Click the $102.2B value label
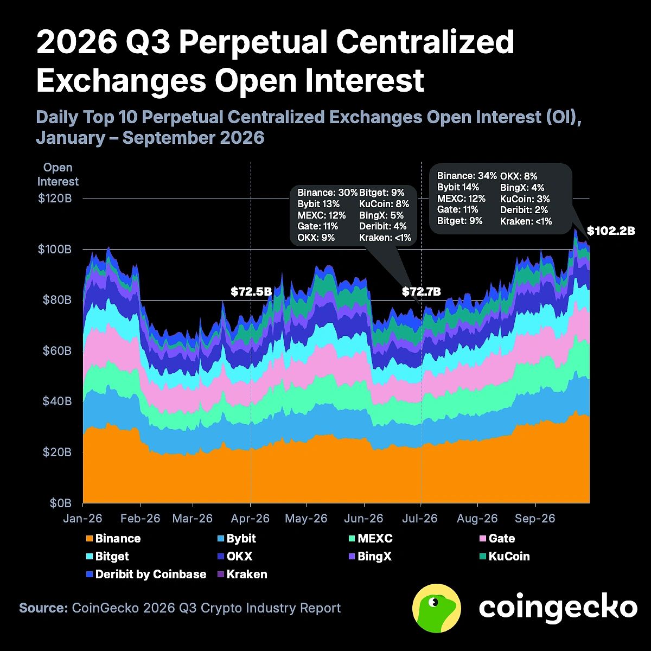[611, 231]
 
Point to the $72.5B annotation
[251, 291]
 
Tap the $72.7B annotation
[422, 291]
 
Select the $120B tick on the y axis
[55, 199]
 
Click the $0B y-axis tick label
[60, 503]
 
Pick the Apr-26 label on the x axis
[250, 518]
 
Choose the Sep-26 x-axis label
[535, 518]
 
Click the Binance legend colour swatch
[90, 539]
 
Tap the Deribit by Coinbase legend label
[151, 575]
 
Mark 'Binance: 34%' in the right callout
[467, 176]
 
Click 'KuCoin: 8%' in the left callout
[384, 204]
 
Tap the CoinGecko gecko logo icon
[437, 608]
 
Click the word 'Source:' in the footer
[43, 608]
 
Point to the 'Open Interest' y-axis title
[58, 174]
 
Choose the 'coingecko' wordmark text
[558, 608]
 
